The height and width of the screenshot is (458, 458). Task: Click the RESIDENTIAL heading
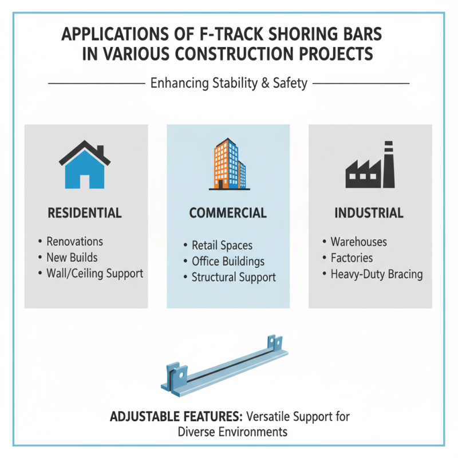[x=85, y=213]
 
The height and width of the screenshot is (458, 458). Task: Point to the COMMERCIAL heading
[x=228, y=213]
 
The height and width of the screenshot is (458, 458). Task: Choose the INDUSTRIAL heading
[x=369, y=213]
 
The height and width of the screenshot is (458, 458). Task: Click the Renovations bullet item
[x=74, y=242]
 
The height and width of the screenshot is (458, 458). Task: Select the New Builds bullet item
[x=72, y=258]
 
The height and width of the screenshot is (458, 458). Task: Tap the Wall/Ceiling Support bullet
[x=94, y=273]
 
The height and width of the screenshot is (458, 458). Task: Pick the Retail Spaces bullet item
[x=222, y=246]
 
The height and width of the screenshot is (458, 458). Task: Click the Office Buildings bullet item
[x=228, y=262]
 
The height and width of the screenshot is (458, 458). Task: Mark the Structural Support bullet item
[x=233, y=277]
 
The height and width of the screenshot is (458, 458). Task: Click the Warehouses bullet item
[x=358, y=242]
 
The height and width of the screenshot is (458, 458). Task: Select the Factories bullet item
[x=352, y=258]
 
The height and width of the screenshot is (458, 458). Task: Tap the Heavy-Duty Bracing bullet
[x=376, y=274]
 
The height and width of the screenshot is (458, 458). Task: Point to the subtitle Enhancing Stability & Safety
[x=228, y=84]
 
